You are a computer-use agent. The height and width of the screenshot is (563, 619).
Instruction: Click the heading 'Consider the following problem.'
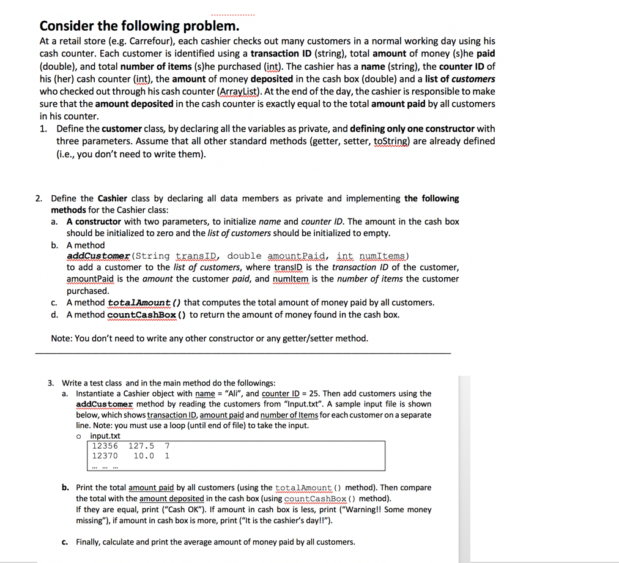(139, 26)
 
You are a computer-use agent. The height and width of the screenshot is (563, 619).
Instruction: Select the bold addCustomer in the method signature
(98, 256)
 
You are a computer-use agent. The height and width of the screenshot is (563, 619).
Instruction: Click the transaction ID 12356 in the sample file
(105, 446)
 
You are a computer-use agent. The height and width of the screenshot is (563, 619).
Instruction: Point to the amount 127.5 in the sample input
(141, 446)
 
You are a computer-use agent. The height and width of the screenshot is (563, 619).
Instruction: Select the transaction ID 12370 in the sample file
(105, 456)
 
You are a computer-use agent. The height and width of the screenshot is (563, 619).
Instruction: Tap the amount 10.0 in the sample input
(144, 456)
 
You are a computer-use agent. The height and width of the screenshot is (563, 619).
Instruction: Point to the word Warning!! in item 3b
(360, 509)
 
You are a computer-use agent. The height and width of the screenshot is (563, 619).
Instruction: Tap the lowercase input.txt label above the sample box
(105, 436)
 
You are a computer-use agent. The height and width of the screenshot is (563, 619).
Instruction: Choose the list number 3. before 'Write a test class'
(51, 382)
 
